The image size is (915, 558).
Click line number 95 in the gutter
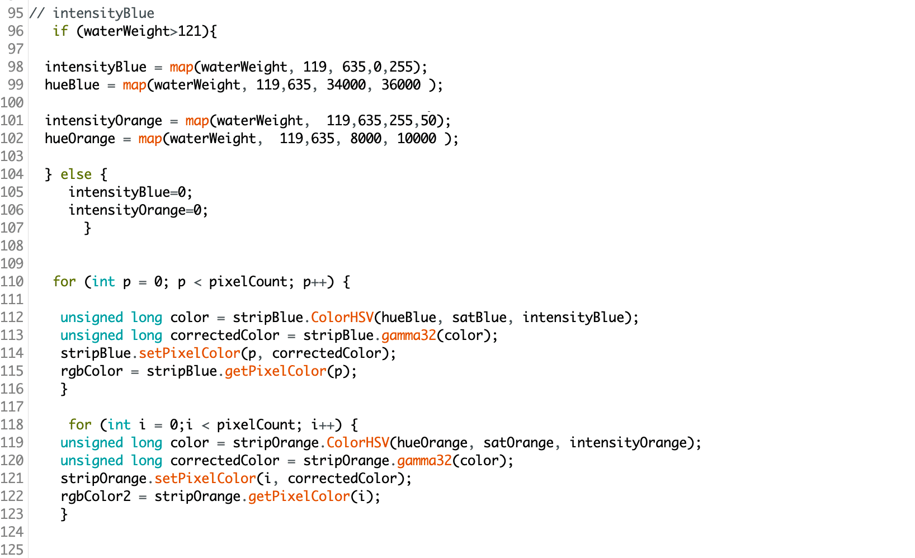16,13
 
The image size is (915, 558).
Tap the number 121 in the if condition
190,31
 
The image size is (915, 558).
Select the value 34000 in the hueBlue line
346,84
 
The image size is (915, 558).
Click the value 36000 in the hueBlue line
400,84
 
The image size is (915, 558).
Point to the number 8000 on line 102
366,139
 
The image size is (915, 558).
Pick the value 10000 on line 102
416,139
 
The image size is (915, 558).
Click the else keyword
76,174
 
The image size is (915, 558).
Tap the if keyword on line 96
60,31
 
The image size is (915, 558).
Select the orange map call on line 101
197,121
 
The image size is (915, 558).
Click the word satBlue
479,318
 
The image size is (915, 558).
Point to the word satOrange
518,443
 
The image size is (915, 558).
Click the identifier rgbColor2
96,496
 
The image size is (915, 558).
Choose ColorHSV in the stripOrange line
357,443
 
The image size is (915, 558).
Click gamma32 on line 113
408,335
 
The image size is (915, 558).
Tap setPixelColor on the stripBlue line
190,353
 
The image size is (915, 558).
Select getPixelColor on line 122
299,496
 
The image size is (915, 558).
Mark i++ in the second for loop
323,425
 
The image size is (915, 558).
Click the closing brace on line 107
87,228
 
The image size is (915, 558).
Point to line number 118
12,425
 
